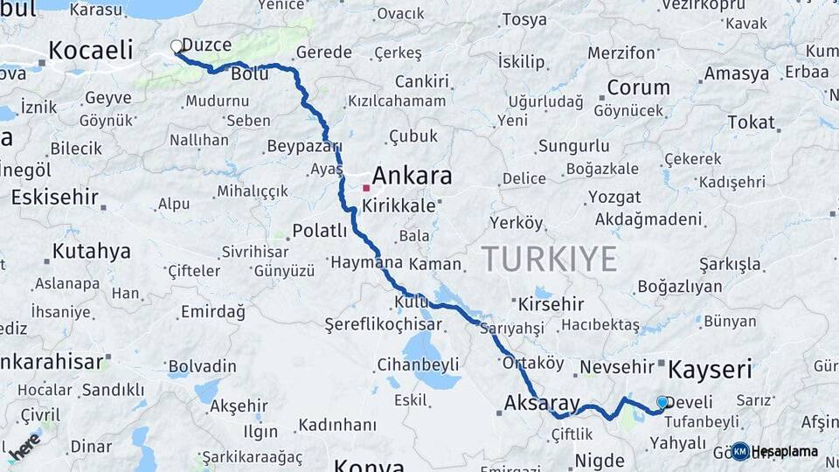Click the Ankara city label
[x=413, y=176]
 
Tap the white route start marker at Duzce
[x=177, y=45]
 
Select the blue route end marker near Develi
[x=662, y=402]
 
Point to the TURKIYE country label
[x=549, y=259]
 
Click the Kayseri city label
[x=709, y=369]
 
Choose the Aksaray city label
[x=542, y=403]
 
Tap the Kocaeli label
[x=91, y=50]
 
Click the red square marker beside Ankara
[x=366, y=187]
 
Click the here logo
[x=24, y=445]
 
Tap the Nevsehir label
[x=617, y=367]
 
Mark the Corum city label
[x=638, y=87]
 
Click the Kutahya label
[x=91, y=252]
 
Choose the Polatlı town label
[x=320, y=231]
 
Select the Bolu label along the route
[x=249, y=74]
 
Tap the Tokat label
[x=751, y=122]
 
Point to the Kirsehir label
[x=551, y=304]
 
